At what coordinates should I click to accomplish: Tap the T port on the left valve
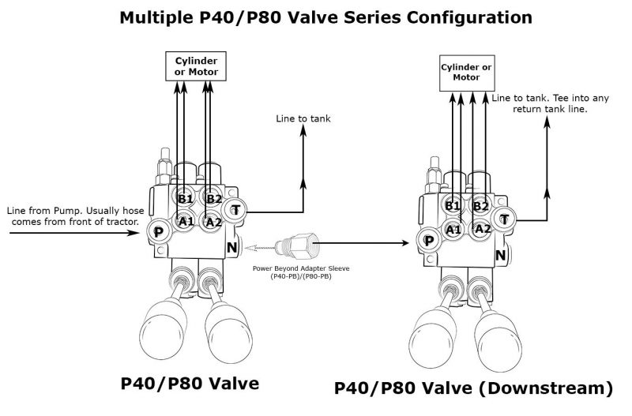(x=235, y=210)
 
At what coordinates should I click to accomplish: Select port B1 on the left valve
(x=184, y=199)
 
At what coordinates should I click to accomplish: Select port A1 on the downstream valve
(x=453, y=230)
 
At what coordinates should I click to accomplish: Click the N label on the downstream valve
(x=500, y=255)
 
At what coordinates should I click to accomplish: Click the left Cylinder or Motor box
(x=196, y=66)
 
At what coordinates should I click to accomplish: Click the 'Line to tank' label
(x=303, y=119)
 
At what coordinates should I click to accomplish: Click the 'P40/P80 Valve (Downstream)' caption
(x=473, y=388)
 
